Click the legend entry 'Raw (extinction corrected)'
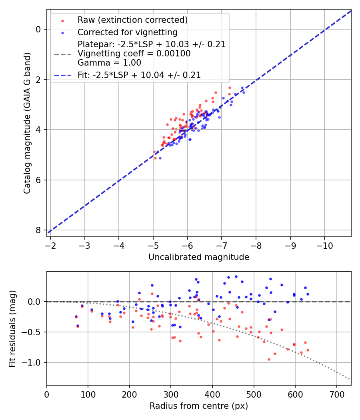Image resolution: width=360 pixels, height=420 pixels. tap(132, 20)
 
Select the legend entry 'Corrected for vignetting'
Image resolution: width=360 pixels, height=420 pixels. tap(127, 32)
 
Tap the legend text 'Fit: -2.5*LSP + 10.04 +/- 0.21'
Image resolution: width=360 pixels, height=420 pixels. tap(139, 75)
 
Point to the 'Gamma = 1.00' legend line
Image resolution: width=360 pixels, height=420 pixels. tap(109, 63)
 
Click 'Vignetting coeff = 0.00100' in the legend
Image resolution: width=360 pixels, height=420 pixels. tap(134, 54)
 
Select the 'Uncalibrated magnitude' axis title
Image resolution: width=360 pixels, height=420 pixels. tap(199, 257)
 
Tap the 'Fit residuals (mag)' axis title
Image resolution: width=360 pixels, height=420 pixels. tap(12, 328)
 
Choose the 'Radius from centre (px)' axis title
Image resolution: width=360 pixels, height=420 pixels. tap(199, 406)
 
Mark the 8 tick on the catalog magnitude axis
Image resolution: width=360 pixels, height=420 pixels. tap(38, 230)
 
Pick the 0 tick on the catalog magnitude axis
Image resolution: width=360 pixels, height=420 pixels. tap(38, 29)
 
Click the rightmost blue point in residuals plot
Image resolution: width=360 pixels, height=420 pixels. tap(308, 294)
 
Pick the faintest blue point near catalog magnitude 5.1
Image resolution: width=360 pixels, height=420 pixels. tap(160, 158)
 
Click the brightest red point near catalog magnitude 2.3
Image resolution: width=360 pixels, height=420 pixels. tap(230, 88)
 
